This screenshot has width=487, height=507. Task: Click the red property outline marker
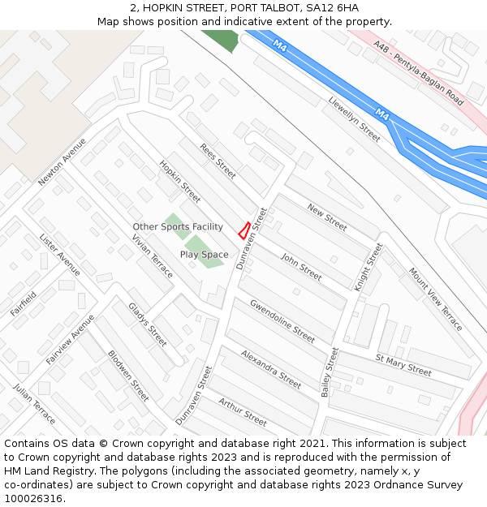243,230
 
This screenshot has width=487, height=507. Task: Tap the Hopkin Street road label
180,181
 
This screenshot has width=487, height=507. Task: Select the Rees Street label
218,161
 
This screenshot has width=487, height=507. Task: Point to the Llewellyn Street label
355,120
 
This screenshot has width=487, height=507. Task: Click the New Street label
327,217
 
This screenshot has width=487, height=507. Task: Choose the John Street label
301,266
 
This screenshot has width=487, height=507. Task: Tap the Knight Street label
368,267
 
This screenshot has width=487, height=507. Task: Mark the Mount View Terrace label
435,299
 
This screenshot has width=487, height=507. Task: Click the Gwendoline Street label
282,320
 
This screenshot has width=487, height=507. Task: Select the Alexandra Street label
271,369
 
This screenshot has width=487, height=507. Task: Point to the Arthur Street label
243,411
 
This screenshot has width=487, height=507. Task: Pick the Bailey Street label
330,372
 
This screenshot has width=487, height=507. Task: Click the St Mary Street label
403,365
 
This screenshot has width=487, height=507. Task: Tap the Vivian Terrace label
153,256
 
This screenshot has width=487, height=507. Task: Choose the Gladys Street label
148,324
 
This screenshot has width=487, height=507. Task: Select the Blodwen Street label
128,376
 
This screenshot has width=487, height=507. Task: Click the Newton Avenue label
62,161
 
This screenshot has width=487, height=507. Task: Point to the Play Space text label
204,255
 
